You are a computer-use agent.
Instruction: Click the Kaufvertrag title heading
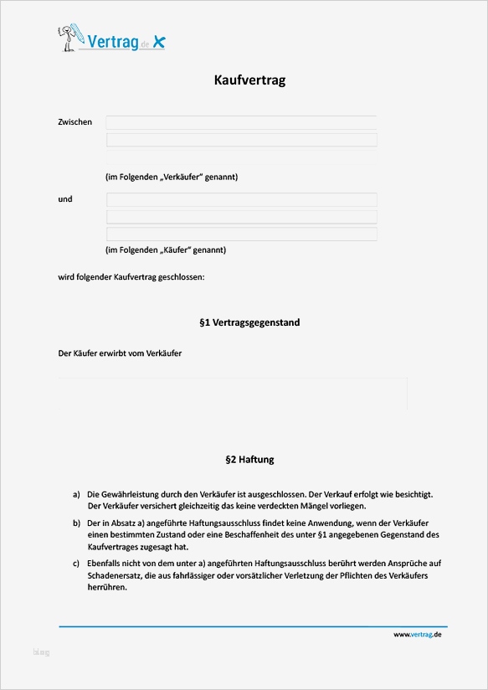(250, 81)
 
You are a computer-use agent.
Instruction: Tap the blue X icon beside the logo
(159, 42)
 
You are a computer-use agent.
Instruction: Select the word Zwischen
(75, 122)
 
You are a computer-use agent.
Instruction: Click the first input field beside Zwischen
(241, 122)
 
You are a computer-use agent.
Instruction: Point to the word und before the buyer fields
(65, 199)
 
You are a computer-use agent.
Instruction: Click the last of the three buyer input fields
(241, 234)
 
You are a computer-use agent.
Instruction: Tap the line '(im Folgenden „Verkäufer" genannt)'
(172, 178)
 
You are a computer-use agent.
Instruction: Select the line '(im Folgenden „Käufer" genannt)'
(166, 250)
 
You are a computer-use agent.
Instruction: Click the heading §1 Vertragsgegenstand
(249, 322)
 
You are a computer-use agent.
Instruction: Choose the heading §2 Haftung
(249, 460)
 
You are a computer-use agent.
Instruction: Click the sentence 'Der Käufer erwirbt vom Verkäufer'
(120, 353)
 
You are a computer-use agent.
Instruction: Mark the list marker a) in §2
(76, 495)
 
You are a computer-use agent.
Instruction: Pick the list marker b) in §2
(76, 523)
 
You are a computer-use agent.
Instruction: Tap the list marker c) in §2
(76, 564)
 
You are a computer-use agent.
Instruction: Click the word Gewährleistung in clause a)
(126, 495)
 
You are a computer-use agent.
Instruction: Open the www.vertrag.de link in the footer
(417, 635)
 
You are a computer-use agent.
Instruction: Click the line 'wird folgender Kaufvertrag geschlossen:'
(131, 276)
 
